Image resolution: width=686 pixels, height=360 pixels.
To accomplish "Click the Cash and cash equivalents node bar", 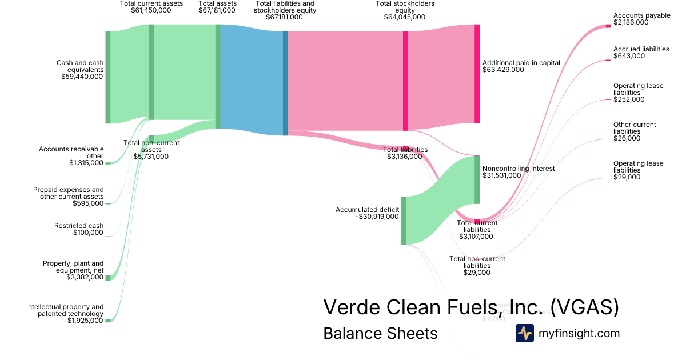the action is pyautogui.click(x=107, y=77).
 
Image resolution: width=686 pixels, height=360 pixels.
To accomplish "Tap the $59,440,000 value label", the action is pyautogui.click(x=82, y=76).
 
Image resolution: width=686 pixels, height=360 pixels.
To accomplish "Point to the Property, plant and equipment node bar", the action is pyautogui.click(x=107, y=278).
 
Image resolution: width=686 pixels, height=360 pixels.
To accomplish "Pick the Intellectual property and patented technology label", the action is pyautogui.click(x=65, y=310).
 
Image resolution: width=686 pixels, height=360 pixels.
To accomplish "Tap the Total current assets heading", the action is pyautogui.click(x=151, y=3).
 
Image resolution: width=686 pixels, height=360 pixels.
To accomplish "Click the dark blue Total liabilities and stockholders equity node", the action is pyautogui.click(x=285, y=83).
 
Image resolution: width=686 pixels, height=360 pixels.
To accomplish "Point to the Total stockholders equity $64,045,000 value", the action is pyautogui.click(x=404, y=17).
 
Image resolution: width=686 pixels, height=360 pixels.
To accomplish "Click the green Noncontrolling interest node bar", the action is pyautogui.click(x=477, y=179).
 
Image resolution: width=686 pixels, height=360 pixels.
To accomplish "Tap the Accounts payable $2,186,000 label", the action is pyautogui.click(x=641, y=19).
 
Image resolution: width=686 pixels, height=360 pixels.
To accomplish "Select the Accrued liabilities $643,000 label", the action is pyautogui.click(x=641, y=53).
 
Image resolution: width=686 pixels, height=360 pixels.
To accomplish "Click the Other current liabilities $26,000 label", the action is pyautogui.click(x=634, y=131).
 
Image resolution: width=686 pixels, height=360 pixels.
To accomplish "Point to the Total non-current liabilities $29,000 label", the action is pyautogui.click(x=477, y=266).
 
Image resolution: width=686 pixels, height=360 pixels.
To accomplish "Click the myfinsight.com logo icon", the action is pyautogui.click(x=525, y=333).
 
